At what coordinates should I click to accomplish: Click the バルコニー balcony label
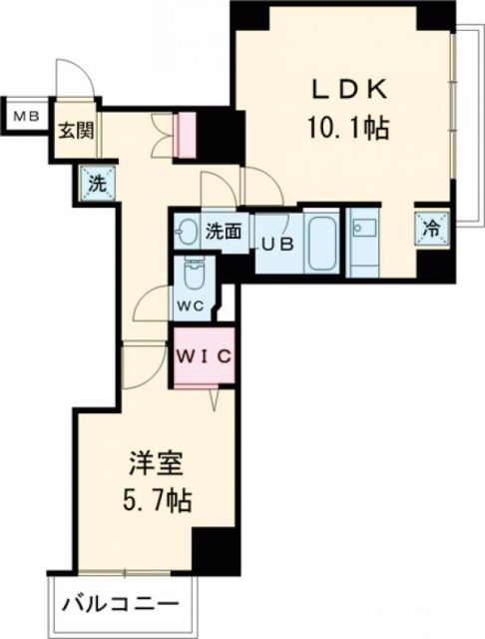[x=122, y=605]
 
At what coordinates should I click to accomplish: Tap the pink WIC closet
[x=205, y=356]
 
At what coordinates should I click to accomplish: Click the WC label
[x=193, y=306]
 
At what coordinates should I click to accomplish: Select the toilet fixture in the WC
[x=193, y=271]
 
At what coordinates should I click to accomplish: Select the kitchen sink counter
[x=364, y=240]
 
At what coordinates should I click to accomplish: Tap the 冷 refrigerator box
[x=431, y=228]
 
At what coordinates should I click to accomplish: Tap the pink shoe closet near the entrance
[x=187, y=136]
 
